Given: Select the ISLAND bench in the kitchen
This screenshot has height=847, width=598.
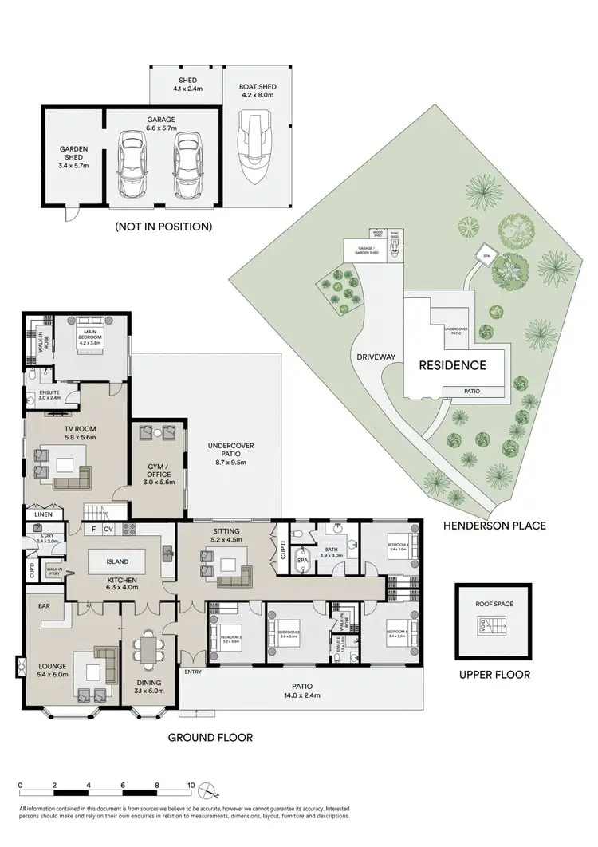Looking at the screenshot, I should coord(116,561).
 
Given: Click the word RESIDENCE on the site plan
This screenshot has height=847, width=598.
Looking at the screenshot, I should coord(453,365).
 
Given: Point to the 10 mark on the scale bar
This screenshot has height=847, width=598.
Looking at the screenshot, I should coord(191,785).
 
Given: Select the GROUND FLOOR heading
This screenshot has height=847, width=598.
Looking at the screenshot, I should coord(210,738).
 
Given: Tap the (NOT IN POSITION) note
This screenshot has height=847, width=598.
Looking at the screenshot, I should coord(163,227).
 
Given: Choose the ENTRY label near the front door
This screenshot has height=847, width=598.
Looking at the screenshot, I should coord(192,672).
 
